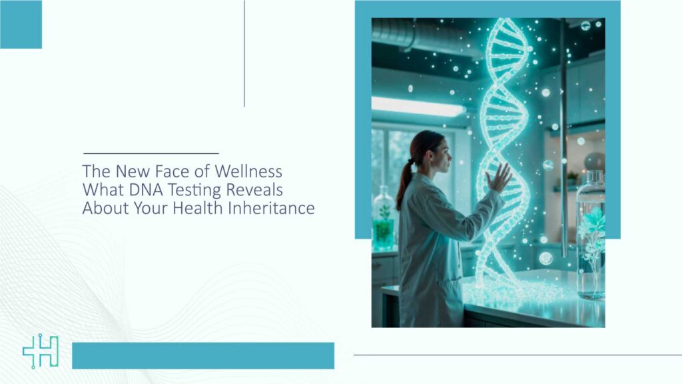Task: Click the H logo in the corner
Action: [41, 352]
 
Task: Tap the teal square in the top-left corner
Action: [21, 24]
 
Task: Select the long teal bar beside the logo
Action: [202, 355]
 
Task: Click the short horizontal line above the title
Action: [151, 153]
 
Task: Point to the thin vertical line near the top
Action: [244, 53]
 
